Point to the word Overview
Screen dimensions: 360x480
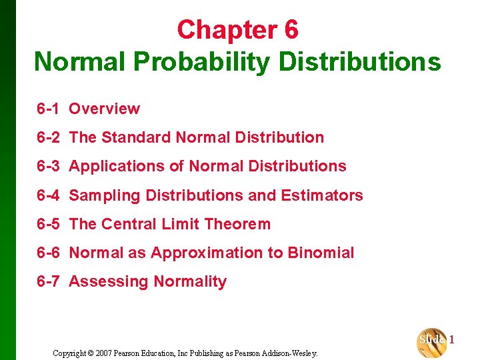pyautogui.click(x=105, y=109)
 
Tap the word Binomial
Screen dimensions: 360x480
pyautogui.click(x=321, y=253)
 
